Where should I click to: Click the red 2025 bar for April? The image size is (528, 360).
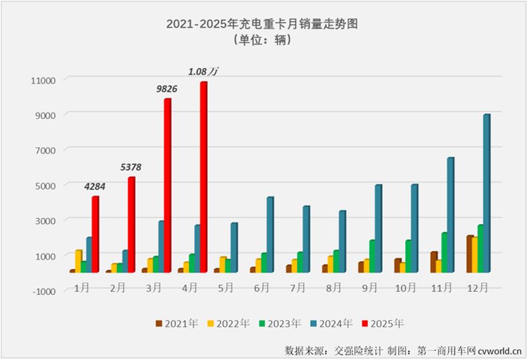(x=204, y=176)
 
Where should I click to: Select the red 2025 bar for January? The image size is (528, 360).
(x=96, y=234)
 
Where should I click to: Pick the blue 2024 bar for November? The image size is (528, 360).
(x=451, y=215)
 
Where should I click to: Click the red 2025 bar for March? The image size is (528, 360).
(x=168, y=185)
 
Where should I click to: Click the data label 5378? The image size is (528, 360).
(x=130, y=167)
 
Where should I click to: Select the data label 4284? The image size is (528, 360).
(x=95, y=186)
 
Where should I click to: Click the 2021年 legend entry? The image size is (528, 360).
(x=176, y=324)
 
